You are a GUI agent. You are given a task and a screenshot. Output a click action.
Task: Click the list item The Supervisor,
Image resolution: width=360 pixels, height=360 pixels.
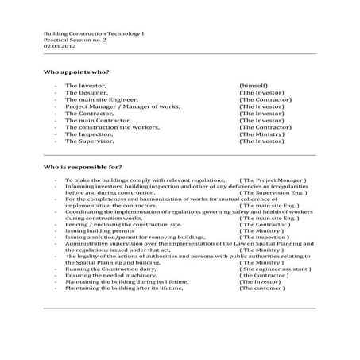pos(89,141)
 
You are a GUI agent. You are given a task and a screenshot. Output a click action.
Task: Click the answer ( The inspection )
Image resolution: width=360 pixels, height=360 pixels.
pos(265,237)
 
